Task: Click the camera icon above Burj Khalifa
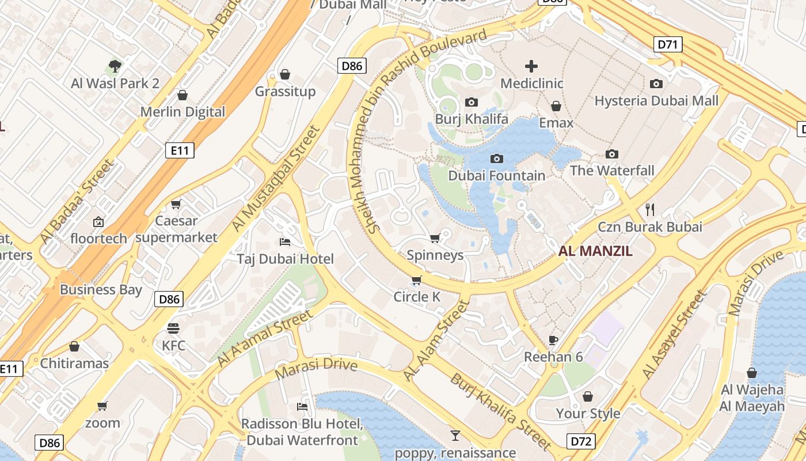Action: (x=471, y=103)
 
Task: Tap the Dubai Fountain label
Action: (x=496, y=175)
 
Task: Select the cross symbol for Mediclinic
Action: (x=531, y=66)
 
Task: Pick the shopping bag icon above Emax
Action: (x=556, y=107)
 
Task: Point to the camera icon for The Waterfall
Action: (x=611, y=154)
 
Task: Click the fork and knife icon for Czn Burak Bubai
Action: (x=650, y=209)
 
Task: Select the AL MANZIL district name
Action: (x=595, y=251)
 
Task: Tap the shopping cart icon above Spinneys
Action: (x=435, y=238)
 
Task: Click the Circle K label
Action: (x=417, y=297)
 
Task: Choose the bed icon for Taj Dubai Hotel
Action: (x=284, y=241)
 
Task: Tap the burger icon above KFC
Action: (x=173, y=328)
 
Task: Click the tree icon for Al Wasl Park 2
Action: (x=115, y=66)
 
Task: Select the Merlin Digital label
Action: (x=183, y=112)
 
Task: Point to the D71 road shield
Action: (x=668, y=44)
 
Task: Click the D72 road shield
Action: (x=581, y=441)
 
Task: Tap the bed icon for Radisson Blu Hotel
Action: (x=302, y=407)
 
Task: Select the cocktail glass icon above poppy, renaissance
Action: (x=455, y=436)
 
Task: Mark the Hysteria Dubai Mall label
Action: (x=656, y=101)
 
